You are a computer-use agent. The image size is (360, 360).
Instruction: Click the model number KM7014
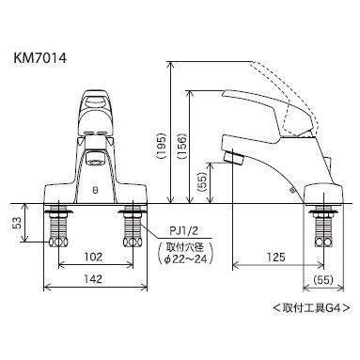[x=40, y=58]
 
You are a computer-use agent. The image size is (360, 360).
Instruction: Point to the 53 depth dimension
[x=17, y=223]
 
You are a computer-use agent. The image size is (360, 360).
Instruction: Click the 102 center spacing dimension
[x=93, y=257]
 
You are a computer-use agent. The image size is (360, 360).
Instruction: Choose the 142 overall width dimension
[x=93, y=278]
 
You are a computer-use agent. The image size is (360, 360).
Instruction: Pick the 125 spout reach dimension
[x=276, y=257]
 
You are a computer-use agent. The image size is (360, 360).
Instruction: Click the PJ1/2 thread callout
[x=184, y=231]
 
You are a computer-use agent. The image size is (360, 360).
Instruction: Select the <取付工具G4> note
[x=311, y=307]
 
